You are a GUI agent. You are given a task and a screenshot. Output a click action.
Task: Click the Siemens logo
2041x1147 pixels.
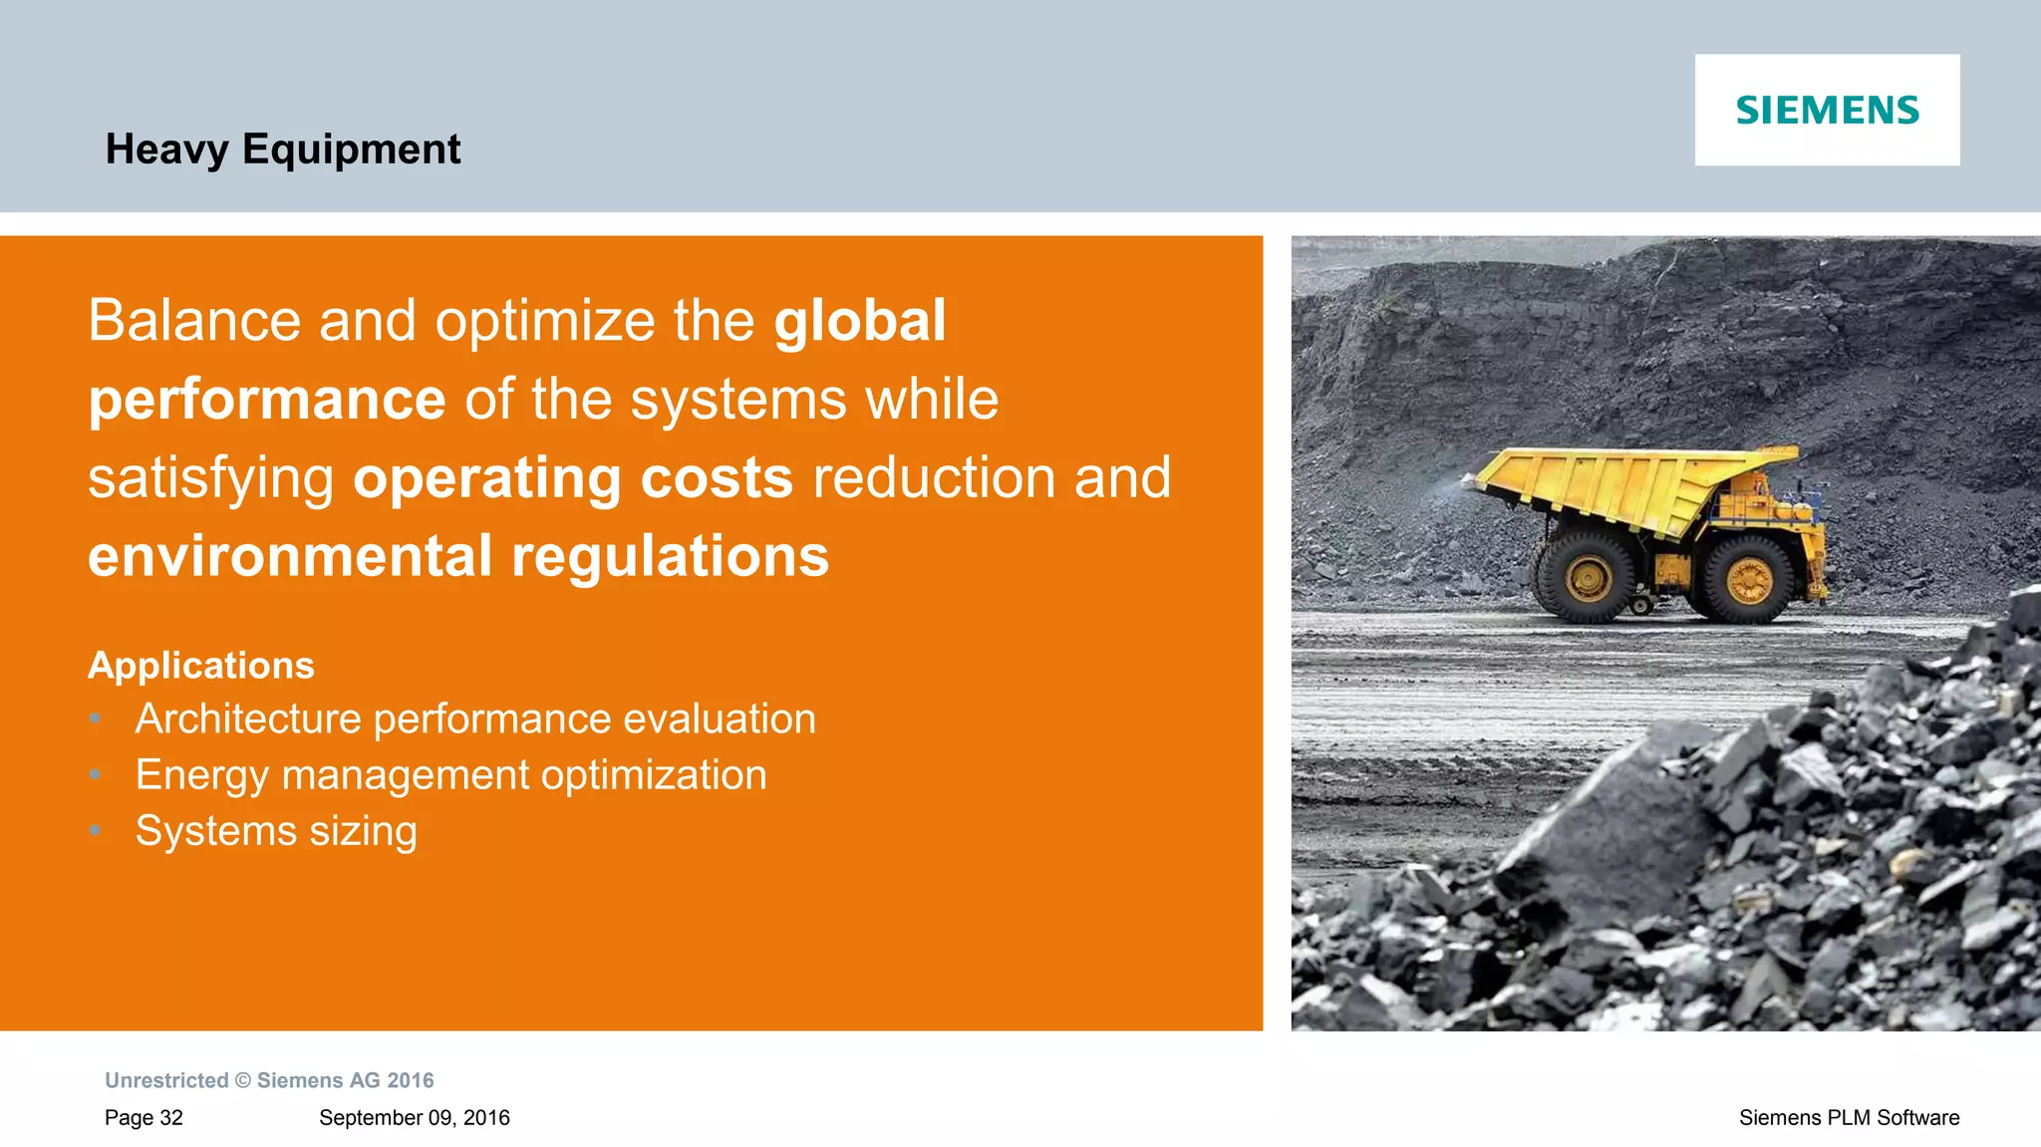(x=1827, y=110)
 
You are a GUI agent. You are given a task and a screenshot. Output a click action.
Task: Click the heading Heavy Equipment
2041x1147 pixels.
(x=282, y=149)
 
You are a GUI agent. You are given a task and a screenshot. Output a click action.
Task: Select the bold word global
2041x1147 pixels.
(x=860, y=321)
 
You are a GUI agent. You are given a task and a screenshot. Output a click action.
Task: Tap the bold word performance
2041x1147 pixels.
(x=267, y=400)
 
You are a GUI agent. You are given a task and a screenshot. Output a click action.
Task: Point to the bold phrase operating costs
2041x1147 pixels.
(x=573, y=477)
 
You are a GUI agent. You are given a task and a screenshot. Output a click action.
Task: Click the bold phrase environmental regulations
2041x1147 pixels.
(x=458, y=556)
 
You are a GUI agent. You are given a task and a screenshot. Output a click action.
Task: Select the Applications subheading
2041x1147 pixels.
(x=201, y=665)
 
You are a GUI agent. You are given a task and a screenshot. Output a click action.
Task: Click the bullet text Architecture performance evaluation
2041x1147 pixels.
(x=475, y=718)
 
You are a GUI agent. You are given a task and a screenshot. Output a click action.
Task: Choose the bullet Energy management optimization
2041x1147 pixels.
(x=450, y=774)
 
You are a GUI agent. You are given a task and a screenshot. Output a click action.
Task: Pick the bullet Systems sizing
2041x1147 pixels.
(x=276, y=830)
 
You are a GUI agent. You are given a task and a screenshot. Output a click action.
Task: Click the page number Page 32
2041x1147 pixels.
(x=144, y=1117)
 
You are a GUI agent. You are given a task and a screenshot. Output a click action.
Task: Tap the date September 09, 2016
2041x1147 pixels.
(x=414, y=1117)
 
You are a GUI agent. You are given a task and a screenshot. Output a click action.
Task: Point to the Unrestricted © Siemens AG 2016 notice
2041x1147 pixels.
(x=269, y=1080)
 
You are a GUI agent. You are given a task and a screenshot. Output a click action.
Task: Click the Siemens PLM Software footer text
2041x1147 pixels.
(x=1849, y=1117)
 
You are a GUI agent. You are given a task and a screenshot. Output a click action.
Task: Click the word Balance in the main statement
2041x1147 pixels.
(x=194, y=321)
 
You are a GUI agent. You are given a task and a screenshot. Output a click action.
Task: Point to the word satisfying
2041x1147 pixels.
(x=210, y=479)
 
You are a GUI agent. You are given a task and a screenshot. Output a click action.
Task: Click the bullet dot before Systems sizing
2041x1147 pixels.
(x=95, y=830)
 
